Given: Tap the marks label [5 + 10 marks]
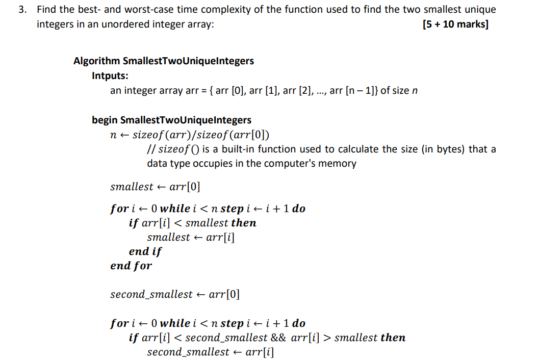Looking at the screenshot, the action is coord(455,24).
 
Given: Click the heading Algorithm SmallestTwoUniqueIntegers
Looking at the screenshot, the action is coord(163,61).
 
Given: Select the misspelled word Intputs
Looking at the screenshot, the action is coord(110,75).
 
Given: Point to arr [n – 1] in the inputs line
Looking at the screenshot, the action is coord(353,91).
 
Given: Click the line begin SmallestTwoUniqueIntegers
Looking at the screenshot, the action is coord(171,120).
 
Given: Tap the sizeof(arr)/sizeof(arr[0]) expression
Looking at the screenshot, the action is coord(201,135).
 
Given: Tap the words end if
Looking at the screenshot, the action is coord(145,251).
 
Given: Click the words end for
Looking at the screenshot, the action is coord(131,266).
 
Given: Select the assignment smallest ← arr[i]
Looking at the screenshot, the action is coord(191,237).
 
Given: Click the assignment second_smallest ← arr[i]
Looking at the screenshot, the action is coord(210,352).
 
